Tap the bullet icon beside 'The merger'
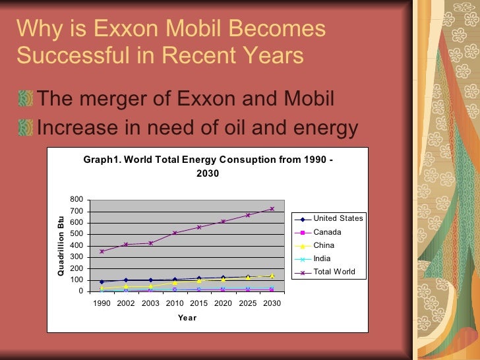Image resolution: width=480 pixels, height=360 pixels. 25,99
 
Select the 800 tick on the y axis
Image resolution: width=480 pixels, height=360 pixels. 76,200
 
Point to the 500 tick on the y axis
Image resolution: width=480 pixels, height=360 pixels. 76,234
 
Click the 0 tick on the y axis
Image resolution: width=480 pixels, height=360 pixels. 80,291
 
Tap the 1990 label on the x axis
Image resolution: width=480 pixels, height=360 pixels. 102,303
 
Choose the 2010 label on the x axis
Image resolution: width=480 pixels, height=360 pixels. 175,303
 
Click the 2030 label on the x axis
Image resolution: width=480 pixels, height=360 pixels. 272,303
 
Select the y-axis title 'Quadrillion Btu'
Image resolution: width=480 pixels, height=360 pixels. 61,245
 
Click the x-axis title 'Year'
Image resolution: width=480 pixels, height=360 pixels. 187,318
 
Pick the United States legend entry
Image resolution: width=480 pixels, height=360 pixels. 338,218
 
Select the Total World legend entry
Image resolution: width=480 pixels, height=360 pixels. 334,272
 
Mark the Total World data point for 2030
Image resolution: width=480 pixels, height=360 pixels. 272,208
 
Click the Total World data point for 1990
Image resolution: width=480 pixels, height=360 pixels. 102,251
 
